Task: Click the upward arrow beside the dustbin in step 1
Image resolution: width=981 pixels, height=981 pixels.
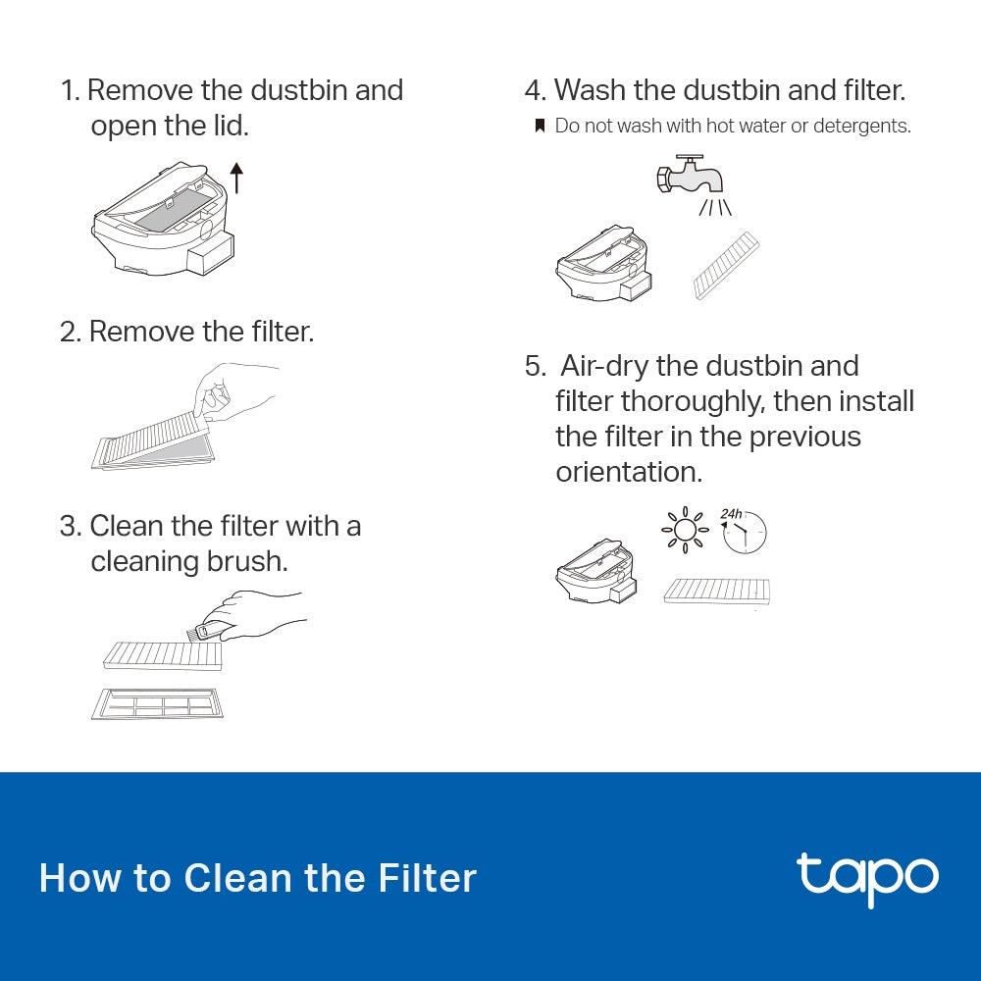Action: [x=235, y=179]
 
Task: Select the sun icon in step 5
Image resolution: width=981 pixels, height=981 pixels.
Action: [x=684, y=531]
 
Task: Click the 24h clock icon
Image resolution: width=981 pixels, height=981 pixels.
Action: [x=745, y=532]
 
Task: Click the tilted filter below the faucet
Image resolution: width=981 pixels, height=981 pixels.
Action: [x=726, y=265]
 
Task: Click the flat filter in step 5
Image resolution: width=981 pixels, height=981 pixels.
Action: [x=716, y=591]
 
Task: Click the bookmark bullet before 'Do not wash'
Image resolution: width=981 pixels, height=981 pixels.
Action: [x=539, y=127]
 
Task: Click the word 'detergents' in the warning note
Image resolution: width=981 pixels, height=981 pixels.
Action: [x=864, y=127]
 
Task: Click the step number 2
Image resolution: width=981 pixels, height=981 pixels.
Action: [x=69, y=332]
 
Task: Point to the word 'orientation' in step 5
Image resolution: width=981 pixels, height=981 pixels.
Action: [x=629, y=472]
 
